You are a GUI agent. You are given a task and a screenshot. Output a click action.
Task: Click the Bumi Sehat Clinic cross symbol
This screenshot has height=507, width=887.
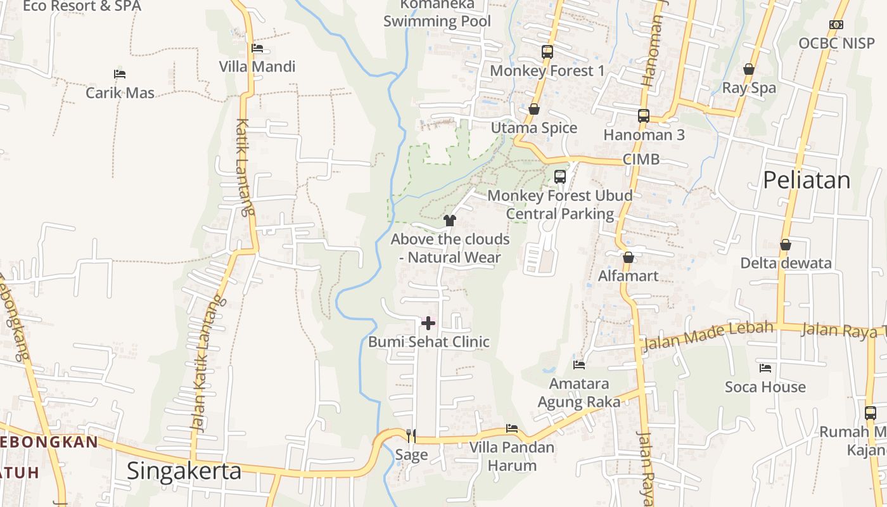pyautogui.click(x=428, y=323)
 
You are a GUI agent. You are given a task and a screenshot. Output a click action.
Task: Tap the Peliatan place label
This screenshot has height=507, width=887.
pyautogui.click(x=806, y=181)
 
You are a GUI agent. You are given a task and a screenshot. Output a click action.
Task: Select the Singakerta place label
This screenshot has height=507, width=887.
pyautogui.click(x=184, y=471)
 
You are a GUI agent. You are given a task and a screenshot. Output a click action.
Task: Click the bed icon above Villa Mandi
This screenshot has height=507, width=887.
pyautogui.click(x=257, y=48)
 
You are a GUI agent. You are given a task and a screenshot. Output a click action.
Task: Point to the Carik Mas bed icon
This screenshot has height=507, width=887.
pyautogui.click(x=120, y=74)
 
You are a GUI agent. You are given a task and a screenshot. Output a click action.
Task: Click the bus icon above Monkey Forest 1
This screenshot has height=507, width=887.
pyautogui.click(x=547, y=52)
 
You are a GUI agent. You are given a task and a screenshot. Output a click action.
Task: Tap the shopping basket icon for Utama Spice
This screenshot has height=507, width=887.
pyautogui.click(x=534, y=110)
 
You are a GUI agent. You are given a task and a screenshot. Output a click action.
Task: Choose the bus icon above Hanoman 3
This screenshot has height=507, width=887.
pyautogui.click(x=644, y=116)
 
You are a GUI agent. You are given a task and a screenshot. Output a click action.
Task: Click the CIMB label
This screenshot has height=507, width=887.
pyautogui.click(x=641, y=159)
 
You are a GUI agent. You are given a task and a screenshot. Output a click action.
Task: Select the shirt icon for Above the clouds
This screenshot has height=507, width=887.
pyautogui.click(x=450, y=221)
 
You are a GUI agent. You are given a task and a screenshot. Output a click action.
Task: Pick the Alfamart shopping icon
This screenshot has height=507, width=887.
pyautogui.click(x=629, y=257)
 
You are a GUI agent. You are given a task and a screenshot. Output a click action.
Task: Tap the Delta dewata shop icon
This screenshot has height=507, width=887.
pyautogui.click(x=786, y=245)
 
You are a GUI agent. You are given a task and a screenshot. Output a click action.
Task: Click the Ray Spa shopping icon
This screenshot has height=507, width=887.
pyautogui.click(x=749, y=69)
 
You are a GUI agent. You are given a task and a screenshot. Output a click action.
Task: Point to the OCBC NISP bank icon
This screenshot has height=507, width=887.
pyautogui.click(x=836, y=25)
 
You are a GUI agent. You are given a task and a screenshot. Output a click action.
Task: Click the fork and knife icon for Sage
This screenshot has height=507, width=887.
pyautogui.click(x=411, y=435)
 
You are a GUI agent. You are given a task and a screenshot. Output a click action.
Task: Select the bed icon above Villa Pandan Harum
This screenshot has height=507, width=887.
pyautogui.click(x=512, y=429)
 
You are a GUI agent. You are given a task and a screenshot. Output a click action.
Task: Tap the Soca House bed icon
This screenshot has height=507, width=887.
pyautogui.click(x=765, y=368)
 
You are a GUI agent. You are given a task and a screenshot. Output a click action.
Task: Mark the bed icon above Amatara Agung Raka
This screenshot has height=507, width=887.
pyautogui.click(x=579, y=365)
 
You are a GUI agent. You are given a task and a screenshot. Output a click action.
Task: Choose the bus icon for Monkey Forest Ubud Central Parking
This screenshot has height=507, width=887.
pyautogui.click(x=560, y=177)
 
